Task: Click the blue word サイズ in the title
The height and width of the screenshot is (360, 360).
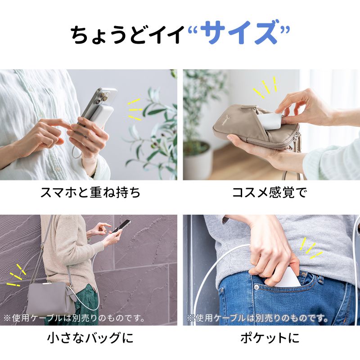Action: click(x=238, y=34)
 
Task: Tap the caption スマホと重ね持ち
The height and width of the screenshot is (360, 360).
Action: click(x=90, y=193)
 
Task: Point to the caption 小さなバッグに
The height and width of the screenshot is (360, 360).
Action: click(x=90, y=337)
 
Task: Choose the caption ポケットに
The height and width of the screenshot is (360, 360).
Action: click(x=270, y=337)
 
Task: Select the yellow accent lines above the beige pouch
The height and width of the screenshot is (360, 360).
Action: click(x=265, y=88)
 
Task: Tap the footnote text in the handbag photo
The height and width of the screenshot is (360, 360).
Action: click(x=74, y=318)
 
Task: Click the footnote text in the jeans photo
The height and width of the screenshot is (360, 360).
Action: click(x=257, y=318)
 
